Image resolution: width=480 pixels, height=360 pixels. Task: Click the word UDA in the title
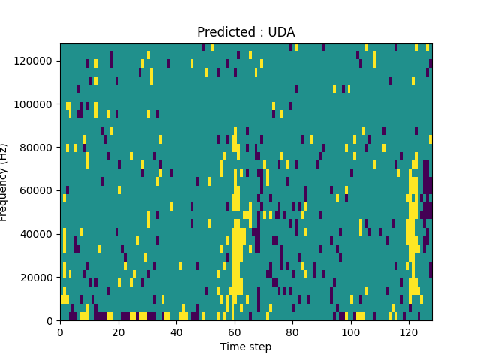point(283,32)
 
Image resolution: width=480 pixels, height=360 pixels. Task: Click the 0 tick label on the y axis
point(52,321)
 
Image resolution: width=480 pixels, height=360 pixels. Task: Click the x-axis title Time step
point(246,346)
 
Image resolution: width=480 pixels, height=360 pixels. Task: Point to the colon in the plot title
point(262,33)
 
